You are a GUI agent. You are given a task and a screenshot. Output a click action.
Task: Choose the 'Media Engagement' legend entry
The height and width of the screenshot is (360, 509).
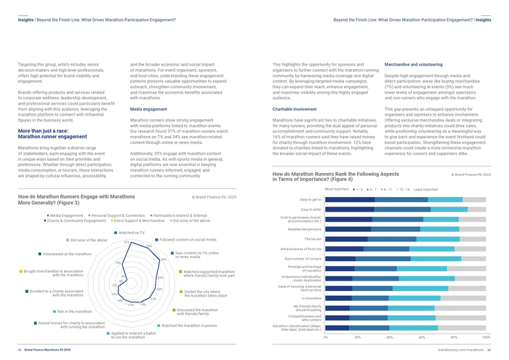66,216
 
